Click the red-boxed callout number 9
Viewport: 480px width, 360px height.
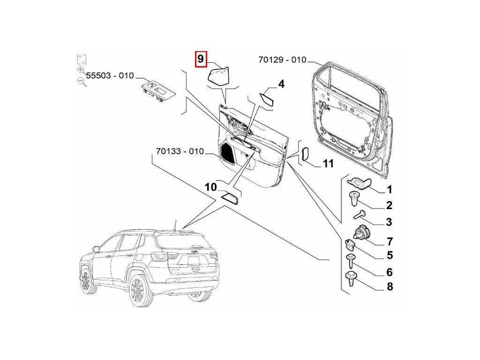(x=200, y=60)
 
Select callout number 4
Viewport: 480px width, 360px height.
(x=281, y=84)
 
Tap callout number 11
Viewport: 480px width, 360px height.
(x=328, y=164)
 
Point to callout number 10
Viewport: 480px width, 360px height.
(x=211, y=187)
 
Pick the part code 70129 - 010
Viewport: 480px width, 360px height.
(x=282, y=60)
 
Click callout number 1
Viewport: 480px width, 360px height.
(x=389, y=190)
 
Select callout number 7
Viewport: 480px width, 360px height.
(x=390, y=242)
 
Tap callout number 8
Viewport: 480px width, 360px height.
(x=390, y=287)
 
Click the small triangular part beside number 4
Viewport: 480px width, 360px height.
(x=268, y=98)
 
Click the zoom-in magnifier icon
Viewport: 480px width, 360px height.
(x=81, y=71)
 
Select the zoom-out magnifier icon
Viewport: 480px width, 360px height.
(x=82, y=82)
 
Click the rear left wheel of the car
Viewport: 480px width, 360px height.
(x=138, y=291)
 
